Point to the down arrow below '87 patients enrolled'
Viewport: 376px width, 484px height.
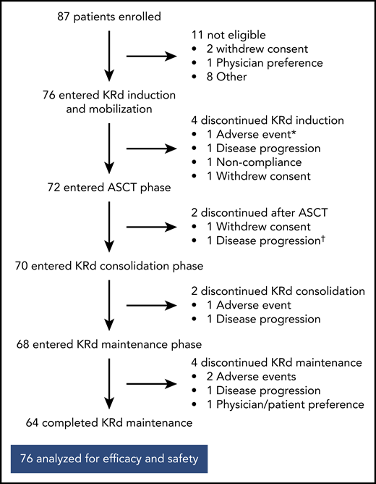[x=108, y=54]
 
